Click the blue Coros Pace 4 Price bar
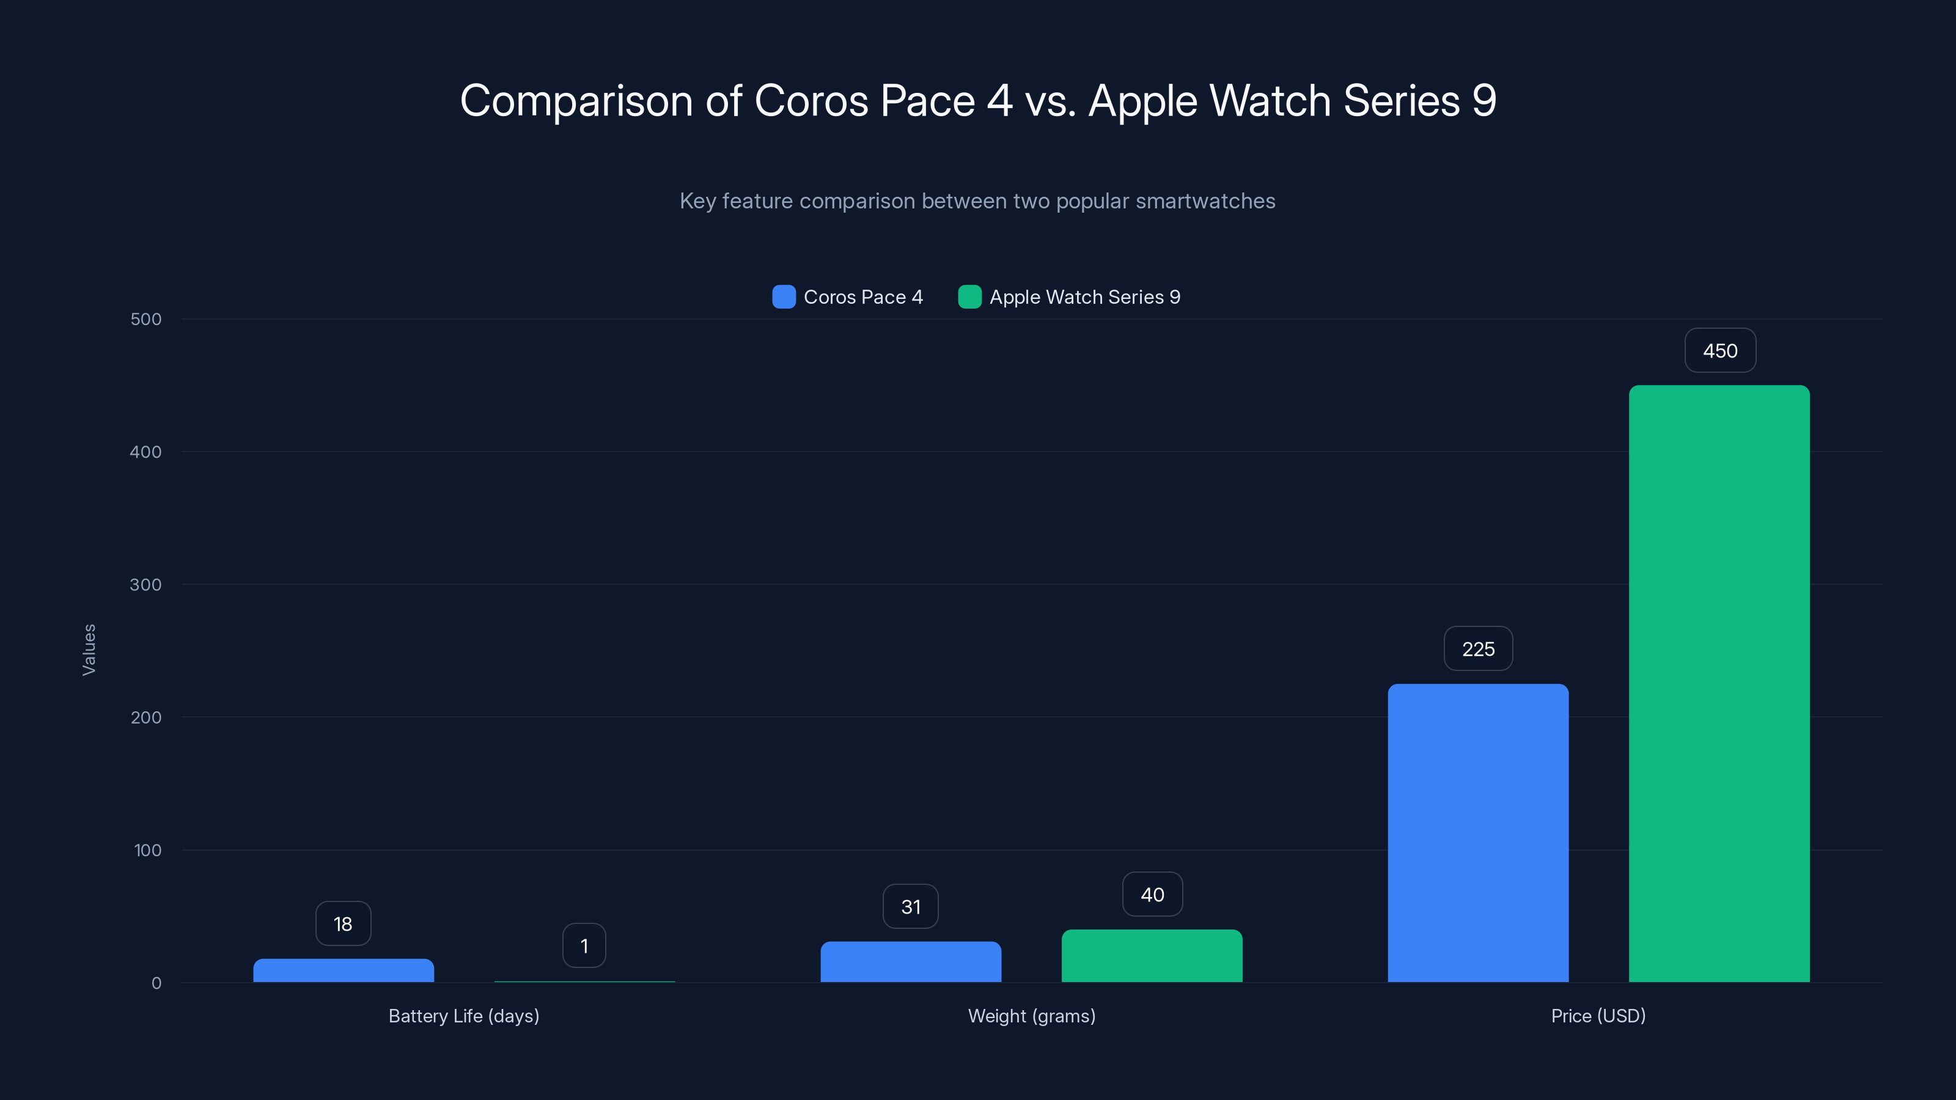coord(1477,833)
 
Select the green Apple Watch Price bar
coord(1719,683)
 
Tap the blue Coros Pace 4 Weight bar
coord(910,962)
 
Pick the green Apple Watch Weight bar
coord(1152,956)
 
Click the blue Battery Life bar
coord(343,970)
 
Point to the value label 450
coord(1720,351)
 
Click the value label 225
coord(1477,649)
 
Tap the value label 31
coord(910,906)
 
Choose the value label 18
coord(343,924)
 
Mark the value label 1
coord(584,946)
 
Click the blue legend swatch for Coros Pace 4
coord(784,297)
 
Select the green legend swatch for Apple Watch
coord(969,297)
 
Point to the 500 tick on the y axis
coord(146,320)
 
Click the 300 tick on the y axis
coord(146,585)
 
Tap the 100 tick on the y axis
coord(147,850)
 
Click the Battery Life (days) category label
coord(464,1016)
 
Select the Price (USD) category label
coord(1598,1016)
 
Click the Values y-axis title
coord(89,650)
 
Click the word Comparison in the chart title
coord(576,101)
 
